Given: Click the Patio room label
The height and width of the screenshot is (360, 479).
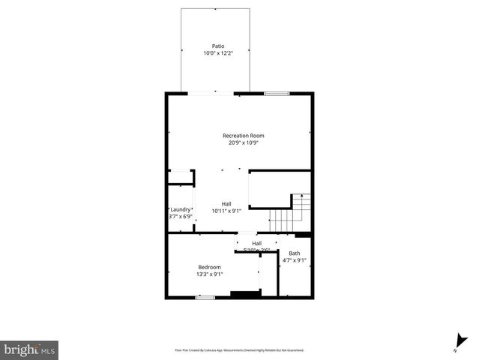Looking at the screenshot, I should point(217,46).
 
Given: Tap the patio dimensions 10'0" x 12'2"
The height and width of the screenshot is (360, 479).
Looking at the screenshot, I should point(217,53).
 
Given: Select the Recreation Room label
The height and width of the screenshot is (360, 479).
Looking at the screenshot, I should point(243,136).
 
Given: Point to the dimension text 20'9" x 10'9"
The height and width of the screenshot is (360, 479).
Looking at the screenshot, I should point(243,142).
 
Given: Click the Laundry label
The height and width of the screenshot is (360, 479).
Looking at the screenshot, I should point(180,209).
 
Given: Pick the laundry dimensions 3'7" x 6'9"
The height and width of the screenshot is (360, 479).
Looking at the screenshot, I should point(180,216).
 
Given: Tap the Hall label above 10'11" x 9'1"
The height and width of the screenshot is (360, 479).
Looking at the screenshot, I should point(226,204).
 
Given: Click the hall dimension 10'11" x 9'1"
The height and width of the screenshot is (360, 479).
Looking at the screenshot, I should point(226,211).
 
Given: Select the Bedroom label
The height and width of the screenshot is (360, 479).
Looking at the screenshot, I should point(209,267).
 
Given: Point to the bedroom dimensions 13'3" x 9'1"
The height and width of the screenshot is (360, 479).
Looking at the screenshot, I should point(209,274).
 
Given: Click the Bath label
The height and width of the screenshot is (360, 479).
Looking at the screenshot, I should point(294,253).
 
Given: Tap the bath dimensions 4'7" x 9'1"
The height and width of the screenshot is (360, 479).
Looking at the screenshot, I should point(294,260).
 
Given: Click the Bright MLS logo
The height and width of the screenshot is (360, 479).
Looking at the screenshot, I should point(29,349).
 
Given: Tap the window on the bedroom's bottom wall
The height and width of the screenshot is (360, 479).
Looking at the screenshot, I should point(205,298).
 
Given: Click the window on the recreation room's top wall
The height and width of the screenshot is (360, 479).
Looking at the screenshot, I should point(277,93).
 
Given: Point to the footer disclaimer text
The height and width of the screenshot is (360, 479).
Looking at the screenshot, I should point(239,349).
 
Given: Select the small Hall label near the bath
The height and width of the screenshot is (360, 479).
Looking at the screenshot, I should point(256,243).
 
